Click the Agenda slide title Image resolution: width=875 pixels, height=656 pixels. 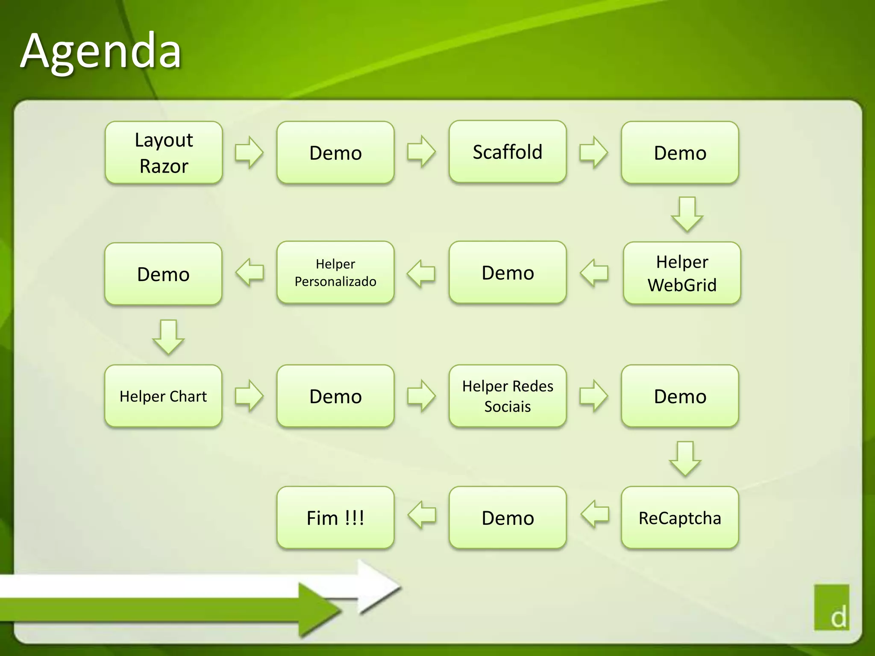pos(101,51)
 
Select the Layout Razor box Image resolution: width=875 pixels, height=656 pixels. pos(164,153)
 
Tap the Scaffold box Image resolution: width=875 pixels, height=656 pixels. pos(508,152)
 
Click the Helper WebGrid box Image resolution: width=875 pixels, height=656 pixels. pos(682,273)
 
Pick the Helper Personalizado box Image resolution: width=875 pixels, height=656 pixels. pos(335,272)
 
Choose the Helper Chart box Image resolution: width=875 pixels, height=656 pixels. pos(163,396)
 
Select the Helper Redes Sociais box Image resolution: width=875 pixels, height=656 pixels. pos(508,396)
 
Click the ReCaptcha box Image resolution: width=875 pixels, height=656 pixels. pos(680,518)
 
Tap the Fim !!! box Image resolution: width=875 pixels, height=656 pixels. pos(335,518)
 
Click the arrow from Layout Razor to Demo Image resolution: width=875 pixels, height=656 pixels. pos(249,152)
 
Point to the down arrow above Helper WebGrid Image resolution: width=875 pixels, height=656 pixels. pos(687,214)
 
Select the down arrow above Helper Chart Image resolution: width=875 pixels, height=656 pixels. pos(168,337)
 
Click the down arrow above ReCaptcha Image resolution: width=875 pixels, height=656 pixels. pos(685,458)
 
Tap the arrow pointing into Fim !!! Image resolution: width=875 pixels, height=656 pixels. pos(422,515)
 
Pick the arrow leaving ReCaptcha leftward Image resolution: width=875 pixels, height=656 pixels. pos(595,514)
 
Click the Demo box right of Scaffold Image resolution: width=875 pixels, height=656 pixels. pos(680,153)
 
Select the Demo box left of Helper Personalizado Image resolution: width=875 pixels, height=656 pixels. pos(163,274)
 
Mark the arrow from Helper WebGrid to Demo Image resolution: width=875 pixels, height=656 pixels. pos(594,272)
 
